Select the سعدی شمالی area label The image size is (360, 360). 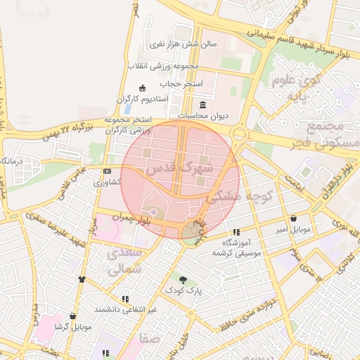point(127,260)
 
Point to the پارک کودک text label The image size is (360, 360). point(184,290)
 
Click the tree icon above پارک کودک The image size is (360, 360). point(184,280)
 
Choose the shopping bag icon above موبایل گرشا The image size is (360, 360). point(73,316)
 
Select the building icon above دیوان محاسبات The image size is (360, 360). point(202,105)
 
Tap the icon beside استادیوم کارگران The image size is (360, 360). point(143,88)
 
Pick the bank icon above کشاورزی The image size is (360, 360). point(107,171)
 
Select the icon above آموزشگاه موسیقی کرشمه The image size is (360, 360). point(236,232)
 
